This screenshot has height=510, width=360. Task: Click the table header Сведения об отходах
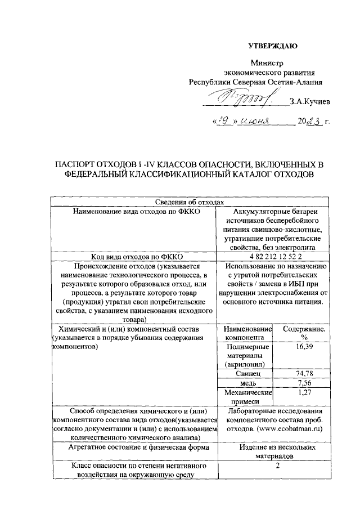(191, 202)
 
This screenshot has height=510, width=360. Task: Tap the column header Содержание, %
(306, 333)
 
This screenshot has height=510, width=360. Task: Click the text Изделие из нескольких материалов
(274, 451)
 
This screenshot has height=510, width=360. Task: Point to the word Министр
(267, 63)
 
